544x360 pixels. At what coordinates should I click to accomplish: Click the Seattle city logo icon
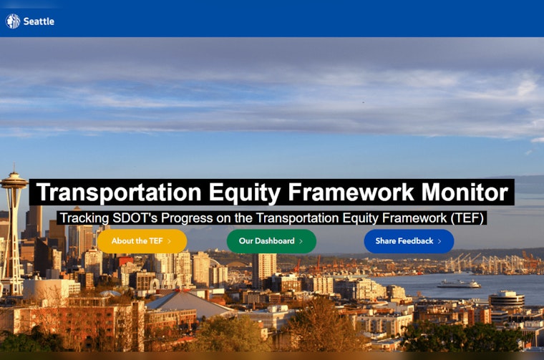click(x=13, y=21)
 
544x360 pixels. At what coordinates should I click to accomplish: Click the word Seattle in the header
click(x=39, y=21)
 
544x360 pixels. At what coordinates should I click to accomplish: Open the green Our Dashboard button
click(x=271, y=241)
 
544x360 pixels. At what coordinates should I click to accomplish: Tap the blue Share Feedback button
click(x=409, y=241)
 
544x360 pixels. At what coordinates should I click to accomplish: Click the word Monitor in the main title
click(x=465, y=193)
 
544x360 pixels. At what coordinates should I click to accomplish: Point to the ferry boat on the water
click(x=458, y=283)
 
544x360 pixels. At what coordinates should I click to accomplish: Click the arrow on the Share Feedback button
click(x=439, y=241)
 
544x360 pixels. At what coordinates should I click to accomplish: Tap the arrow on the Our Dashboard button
click(x=301, y=241)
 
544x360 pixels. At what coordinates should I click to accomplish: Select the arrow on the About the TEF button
click(x=169, y=241)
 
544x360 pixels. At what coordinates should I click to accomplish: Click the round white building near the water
click(x=507, y=299)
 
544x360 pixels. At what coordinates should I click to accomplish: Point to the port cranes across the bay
click(x=487, y=263)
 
